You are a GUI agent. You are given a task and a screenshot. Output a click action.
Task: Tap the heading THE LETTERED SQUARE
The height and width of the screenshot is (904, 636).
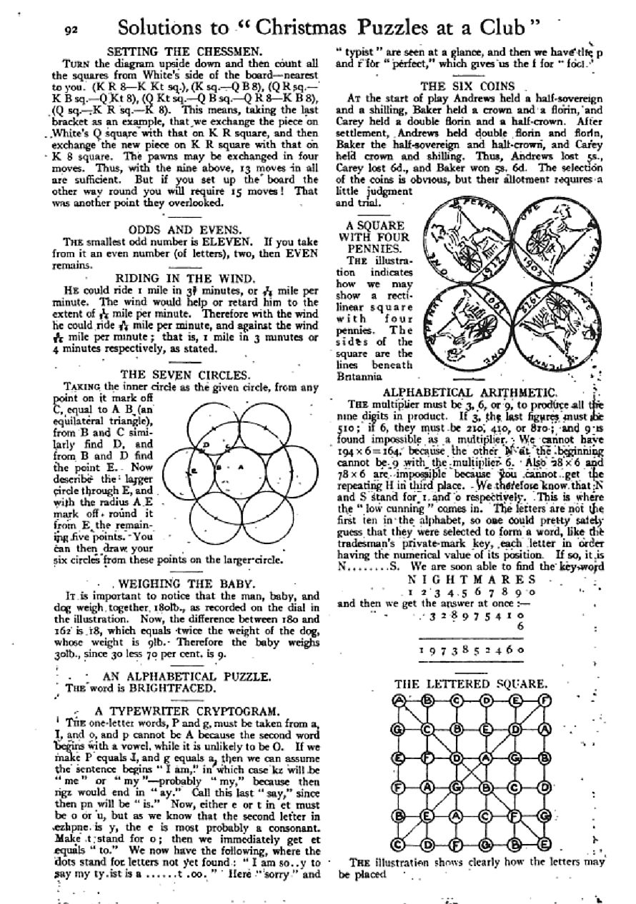click(x=471, y=684)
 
